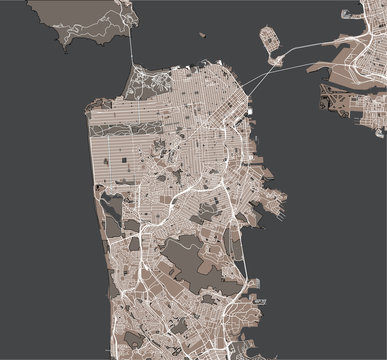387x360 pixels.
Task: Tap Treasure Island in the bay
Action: [271, 41]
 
